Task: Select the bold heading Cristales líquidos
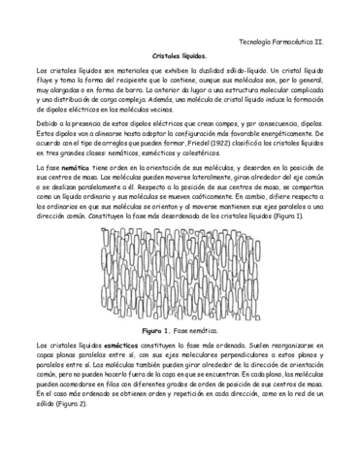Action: pyautogui.click(x=180, y=58)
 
